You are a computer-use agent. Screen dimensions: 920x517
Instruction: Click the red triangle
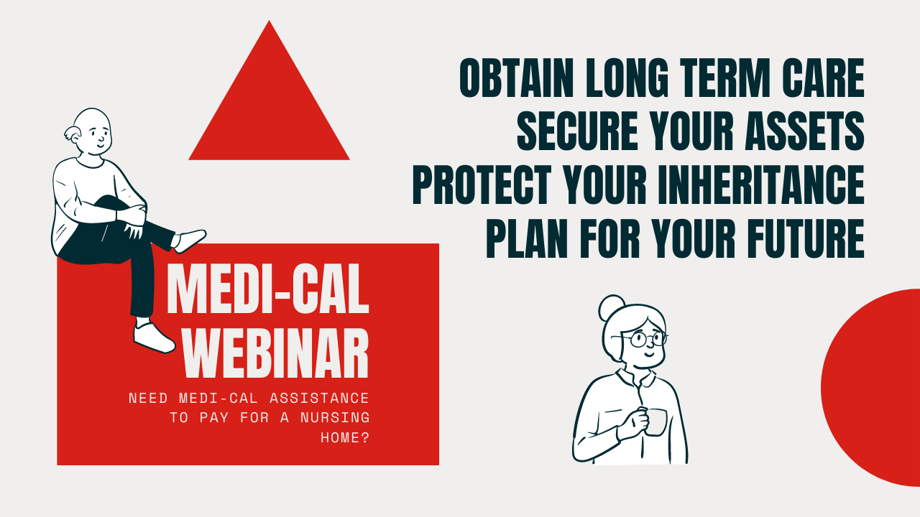point(269,107)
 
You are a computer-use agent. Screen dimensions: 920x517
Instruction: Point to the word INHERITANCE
point(761,185)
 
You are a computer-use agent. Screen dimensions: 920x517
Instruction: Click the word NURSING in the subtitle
point(335,418)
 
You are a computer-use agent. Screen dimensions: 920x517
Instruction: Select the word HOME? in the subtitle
point(345,438)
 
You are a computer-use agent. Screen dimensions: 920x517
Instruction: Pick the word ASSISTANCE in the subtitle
point(320,398)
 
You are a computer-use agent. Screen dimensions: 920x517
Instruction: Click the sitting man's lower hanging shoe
point(154,337)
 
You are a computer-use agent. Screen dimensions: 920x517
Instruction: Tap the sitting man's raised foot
point(189,241)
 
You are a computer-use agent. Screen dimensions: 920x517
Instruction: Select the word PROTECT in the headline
point(482,185)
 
